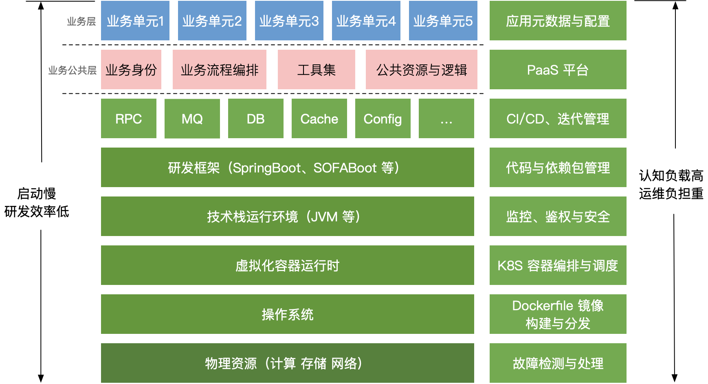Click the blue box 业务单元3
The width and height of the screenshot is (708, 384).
[x=289, y=21]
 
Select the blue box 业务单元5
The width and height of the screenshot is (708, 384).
[x=443, y=21]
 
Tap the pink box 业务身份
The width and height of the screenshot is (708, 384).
[x=131, y=70]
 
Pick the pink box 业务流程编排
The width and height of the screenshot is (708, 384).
[x=219, y=70]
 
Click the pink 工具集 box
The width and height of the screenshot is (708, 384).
[x=316, y=70]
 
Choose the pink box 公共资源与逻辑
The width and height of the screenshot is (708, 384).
[x=421, y=70]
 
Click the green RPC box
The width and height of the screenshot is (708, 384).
[x=128, y=119]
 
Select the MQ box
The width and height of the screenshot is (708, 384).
[x=192, y=119]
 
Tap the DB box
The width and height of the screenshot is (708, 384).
[x=255, y=119]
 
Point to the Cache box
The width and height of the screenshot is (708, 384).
[x=319, y=119]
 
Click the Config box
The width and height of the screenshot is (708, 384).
[x=383, y=119]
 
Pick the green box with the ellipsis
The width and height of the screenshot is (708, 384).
[x=446, y=119]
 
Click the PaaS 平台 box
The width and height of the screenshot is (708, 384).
[x=558, y=70]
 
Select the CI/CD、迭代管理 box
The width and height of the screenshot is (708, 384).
[x=558, y=119]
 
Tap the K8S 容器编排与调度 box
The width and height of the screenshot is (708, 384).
[x=558, y=265]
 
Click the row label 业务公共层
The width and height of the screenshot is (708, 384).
[x=73, y=71]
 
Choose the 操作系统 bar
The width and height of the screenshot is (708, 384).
[x=287, y=314]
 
